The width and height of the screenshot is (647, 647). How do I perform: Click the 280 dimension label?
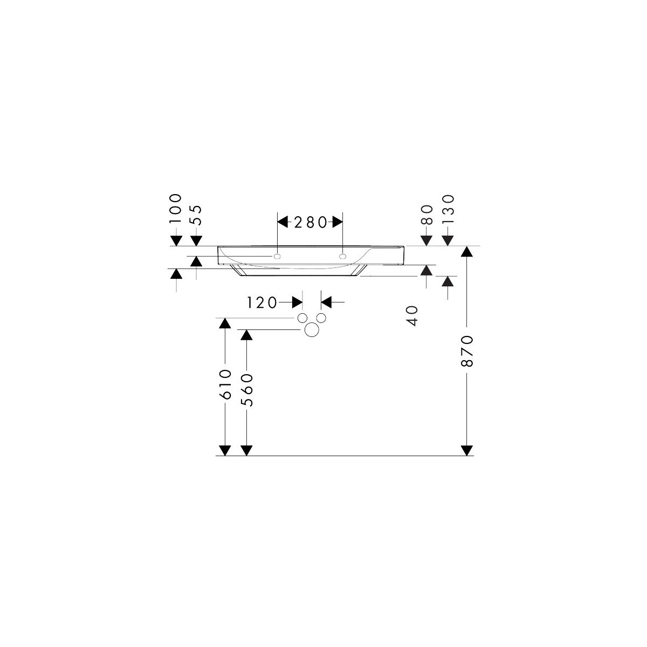click(310, 222)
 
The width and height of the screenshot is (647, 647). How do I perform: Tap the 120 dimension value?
click(262, 303)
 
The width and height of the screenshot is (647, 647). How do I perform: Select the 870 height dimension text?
click(467, 351)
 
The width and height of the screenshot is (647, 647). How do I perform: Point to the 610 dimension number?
click(225, 384)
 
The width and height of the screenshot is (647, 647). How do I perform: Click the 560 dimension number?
click(246, 390)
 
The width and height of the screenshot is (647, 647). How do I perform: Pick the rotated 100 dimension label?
click(176, 209)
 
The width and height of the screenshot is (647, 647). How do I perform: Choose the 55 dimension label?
click(196, 215)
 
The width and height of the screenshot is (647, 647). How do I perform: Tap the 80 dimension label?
click(426, 215)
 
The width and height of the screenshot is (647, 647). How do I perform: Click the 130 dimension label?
click(448, 210)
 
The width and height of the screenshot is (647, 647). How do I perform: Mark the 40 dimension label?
click(412, 315)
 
